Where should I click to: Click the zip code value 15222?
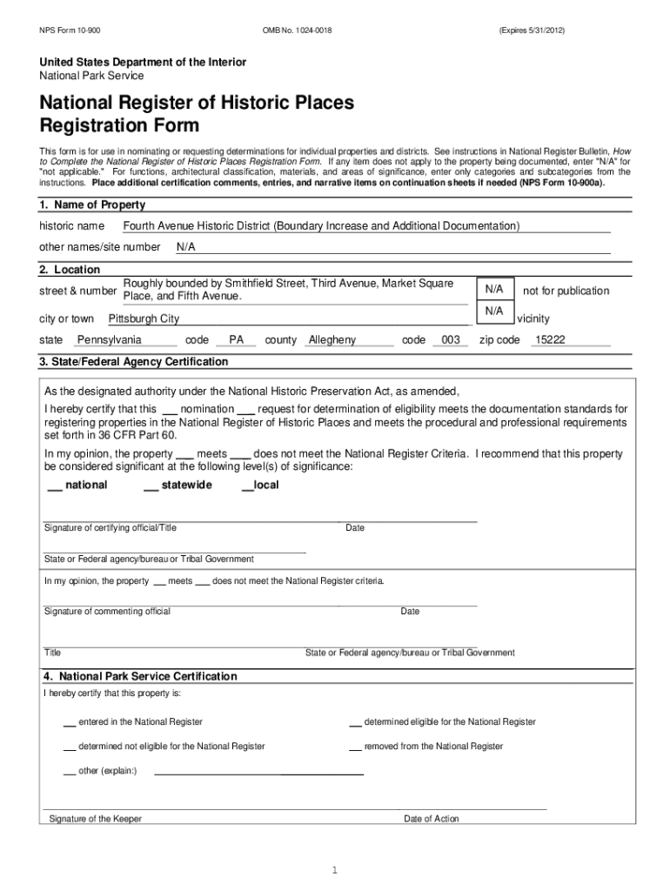click(550, 340)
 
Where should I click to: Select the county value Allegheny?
click(332, 340)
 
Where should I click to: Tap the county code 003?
click(451, 340)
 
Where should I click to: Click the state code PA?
click(236, 340)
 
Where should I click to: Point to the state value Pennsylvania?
click(110, 340)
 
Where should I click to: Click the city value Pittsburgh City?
click(144, 319)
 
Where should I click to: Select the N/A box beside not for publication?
click(494, 288)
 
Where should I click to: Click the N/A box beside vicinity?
click(494, 311)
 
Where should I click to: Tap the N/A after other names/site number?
click(186, 247)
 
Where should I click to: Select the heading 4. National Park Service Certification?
click(139, 676)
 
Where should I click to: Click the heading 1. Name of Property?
click(92, 205)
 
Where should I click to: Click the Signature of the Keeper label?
click(95, 819)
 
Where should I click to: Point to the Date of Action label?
click(431, 819)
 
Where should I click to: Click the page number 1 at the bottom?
click(334, 870)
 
